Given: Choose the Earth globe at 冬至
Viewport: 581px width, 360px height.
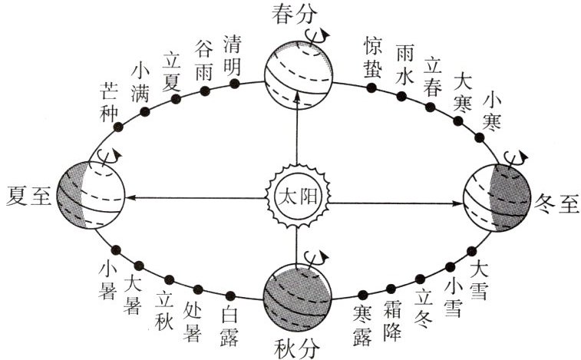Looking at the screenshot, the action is pos(497,198).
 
